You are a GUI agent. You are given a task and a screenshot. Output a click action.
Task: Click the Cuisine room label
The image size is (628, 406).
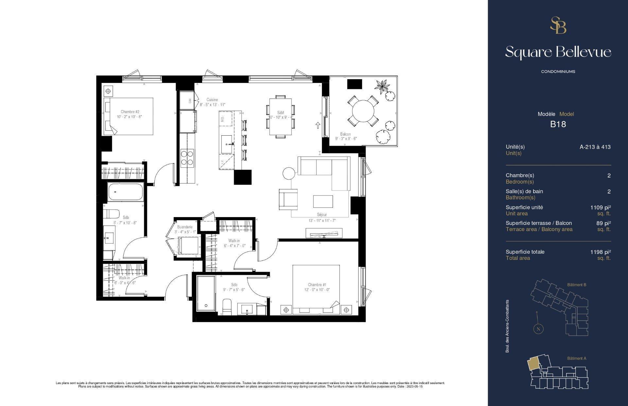coord(212,100)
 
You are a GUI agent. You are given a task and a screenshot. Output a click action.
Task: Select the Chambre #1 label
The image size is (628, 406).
coord(317,285)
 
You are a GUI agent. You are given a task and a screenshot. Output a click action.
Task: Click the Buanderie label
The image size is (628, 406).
coord(184,227)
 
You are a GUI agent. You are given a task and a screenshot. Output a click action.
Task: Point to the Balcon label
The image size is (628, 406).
coord(345,134)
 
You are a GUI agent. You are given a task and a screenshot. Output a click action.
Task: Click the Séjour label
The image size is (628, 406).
coord(322,215)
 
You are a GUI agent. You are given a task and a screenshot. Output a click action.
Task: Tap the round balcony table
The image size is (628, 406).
coord(363,110)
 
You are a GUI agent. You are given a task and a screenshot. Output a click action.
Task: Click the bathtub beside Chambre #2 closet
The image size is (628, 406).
coord(126,192)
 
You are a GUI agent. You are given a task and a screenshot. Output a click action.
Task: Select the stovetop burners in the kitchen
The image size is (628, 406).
coord(187,158)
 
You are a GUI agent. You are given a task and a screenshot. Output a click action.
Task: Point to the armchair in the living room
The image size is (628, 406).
coord(288,199)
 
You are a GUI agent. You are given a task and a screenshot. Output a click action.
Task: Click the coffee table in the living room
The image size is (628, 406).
coord(323,201)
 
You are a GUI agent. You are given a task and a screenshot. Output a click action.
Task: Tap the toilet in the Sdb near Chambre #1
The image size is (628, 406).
coord(227,307)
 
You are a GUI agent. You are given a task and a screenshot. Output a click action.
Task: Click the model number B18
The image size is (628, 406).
coord(558,124)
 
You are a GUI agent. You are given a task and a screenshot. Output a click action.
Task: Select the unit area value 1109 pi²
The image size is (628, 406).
coord(601,207)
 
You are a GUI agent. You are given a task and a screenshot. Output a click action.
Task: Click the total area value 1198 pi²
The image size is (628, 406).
coord(601,252)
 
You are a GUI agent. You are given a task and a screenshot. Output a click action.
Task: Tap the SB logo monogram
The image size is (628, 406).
coord(558,25)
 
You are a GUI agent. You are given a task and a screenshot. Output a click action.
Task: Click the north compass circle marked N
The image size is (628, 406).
coord(538,329)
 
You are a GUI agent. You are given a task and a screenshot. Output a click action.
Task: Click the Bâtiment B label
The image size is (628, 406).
coord(576,285)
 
